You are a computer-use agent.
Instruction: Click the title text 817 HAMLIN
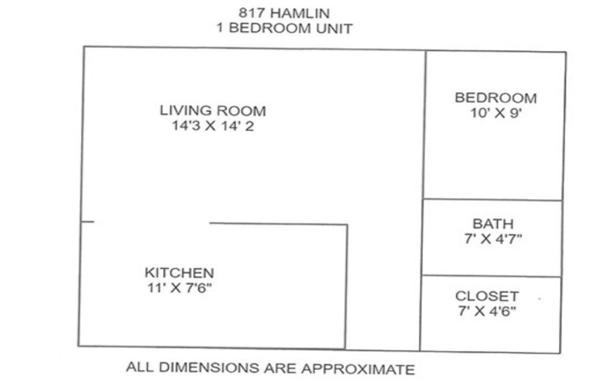pos(284,13)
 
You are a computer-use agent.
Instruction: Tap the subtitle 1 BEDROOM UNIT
pos(285,28)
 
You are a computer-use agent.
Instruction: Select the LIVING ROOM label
pos(212,111)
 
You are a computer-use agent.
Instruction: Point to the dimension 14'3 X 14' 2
pos(212,126)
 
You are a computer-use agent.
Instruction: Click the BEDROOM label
pos(496,98)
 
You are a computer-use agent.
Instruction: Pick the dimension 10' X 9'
pos(496,113)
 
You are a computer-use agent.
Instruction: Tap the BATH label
pos(493,224)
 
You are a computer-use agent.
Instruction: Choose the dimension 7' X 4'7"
pos(493,238)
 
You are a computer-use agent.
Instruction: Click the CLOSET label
pos(487,296)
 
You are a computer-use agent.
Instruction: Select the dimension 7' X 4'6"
pos(487,311)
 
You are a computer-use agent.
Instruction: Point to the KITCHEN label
pos(179,273)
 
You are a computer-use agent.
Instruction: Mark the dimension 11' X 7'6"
pos(179,288)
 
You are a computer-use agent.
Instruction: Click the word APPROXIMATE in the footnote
pos(358,369)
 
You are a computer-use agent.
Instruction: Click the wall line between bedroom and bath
pos(493,200)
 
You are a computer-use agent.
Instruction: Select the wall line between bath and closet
pos(491,276)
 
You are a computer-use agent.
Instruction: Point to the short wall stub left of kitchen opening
pos(87,222)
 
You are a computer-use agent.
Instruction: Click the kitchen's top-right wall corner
pos(347,225)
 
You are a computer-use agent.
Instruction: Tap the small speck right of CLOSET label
pos(540,299)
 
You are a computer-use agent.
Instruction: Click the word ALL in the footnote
pos(140,366)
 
